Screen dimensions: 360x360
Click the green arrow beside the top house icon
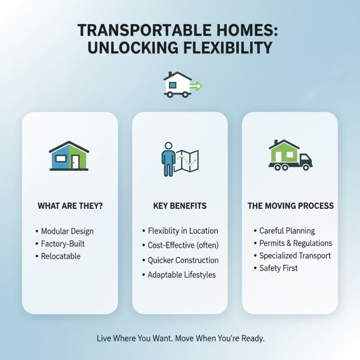[196, 85]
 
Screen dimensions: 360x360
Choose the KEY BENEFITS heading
[180, 206]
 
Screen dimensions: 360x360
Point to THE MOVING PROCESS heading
[291, 206]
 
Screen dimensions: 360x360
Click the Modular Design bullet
[67, 231]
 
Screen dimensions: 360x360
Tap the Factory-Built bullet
[63, 244]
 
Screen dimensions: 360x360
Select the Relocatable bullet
[61, 256]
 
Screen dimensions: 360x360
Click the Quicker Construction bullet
[183, 260]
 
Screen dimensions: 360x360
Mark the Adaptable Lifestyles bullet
[182, 274]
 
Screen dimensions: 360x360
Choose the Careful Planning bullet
[287, 231]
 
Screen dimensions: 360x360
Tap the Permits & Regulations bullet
[296, 243]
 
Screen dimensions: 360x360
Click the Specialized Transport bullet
[295, 256]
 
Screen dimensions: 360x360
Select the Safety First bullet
[279, 268]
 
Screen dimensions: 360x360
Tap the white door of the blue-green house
[75, 161]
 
